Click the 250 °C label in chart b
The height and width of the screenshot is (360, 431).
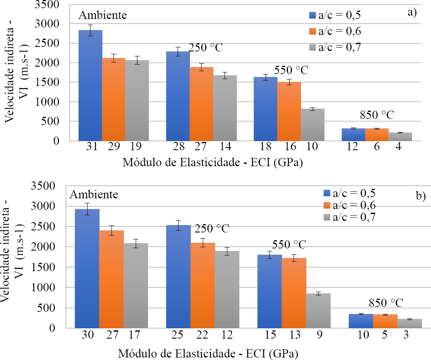pyautogui.click(x=212, y=228)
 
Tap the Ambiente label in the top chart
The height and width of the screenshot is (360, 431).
pyautogui.click(x=103, y=16)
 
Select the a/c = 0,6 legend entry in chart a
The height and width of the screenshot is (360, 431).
pyautogui.click(x=341, y=31)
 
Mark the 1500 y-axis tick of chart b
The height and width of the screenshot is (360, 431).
pyautogui.click(x=56, y=267)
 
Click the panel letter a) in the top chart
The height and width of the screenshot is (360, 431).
pyautogui.click(x=412, y=12)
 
